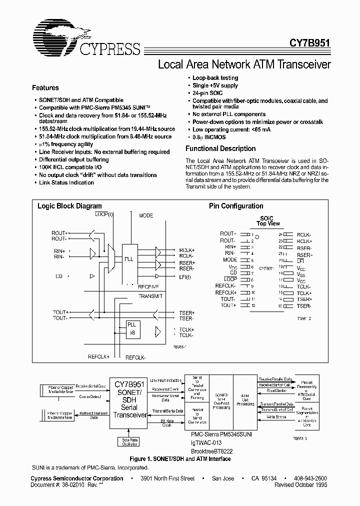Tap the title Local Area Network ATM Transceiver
pos(244,64)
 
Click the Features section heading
pos(45,87)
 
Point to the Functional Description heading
pos(220,148)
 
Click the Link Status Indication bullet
pos(66,182)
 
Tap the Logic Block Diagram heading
pos(69,206)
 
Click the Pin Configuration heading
pos(236,206)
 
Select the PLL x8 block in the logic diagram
pos(132,329)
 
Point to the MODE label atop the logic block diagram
pos(146,215)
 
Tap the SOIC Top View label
pos(268,221)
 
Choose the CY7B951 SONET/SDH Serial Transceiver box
pos(129,400)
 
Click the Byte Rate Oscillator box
pos(130,442)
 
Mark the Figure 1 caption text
pos(179,459)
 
